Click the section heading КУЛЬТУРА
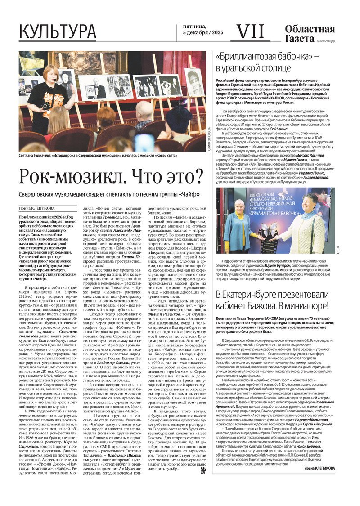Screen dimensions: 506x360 click(x=57, y=31)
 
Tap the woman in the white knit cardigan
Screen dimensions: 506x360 click(x=306, y=229)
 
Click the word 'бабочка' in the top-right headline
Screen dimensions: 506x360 click(x=296, y=57)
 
